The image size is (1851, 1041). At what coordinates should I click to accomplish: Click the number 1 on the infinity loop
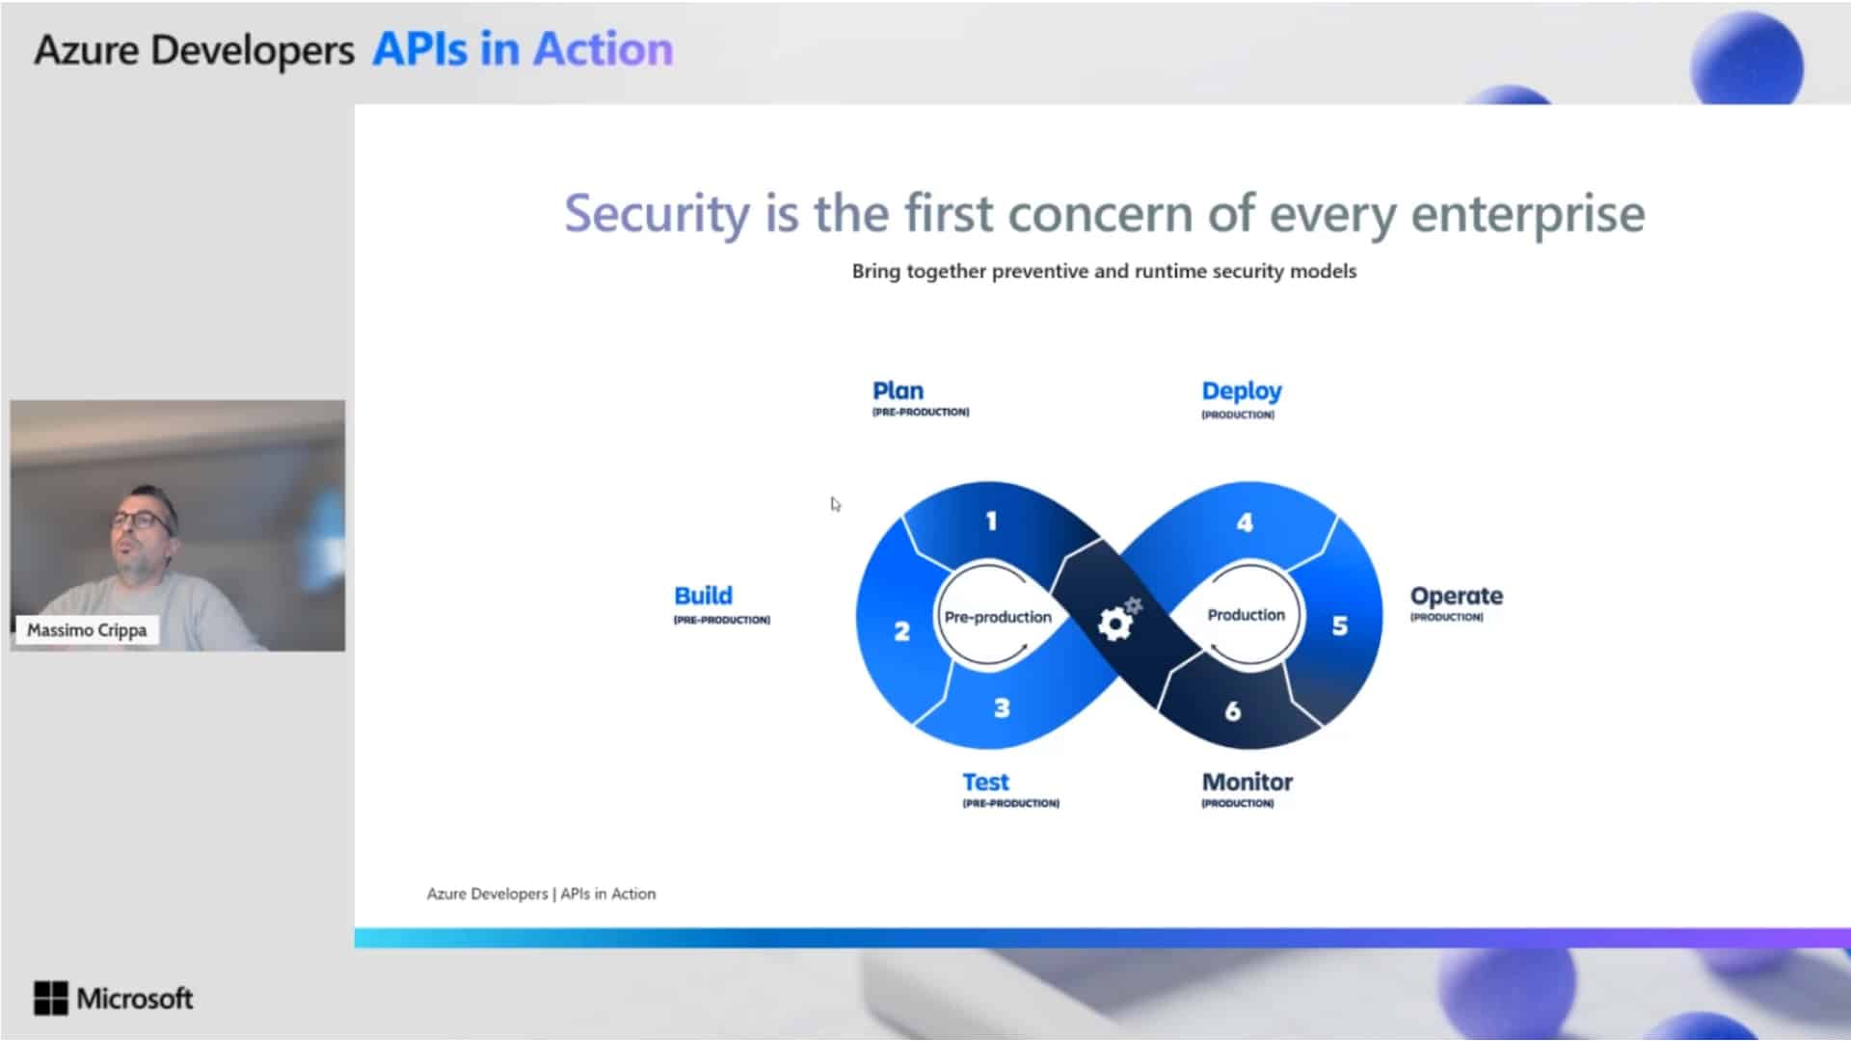click(x=990, y=521)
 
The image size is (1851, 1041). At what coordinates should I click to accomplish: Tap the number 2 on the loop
click(x=901, y=631)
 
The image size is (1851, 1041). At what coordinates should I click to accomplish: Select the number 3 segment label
click(x=1002, y=708)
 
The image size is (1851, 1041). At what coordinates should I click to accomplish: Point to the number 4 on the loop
click(x=1245, y=522)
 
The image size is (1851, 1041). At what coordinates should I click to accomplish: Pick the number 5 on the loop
click(x=1340, y=626)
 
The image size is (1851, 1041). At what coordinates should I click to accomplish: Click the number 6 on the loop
click(x=1232, y=711)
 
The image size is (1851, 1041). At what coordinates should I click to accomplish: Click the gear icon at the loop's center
click(x=1118, y=619)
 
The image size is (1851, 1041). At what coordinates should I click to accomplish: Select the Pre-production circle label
click(x=998, y=617)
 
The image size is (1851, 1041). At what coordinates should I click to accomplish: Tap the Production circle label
click(x=1246, y=615)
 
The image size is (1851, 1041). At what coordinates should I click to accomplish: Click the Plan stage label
click(x=898, y=390)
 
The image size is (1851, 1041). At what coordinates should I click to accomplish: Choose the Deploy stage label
click(x=1242, y=391)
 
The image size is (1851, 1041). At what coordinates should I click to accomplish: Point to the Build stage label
click(x=703, y=596)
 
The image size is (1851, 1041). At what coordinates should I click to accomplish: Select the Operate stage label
click(x=1456, y=597)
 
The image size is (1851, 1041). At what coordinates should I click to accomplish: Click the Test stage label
click(x=985, y=782)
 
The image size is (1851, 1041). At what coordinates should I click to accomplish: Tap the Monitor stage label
click(x=1247, y=782)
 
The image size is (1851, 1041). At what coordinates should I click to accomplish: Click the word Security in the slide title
click(x=657, y=214)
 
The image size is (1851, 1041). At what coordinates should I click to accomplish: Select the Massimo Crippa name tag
click(x=87, y=630)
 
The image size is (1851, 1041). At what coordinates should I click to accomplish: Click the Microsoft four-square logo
click(x=50, y=999)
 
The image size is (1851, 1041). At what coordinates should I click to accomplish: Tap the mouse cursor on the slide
click(x=835, y=504)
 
